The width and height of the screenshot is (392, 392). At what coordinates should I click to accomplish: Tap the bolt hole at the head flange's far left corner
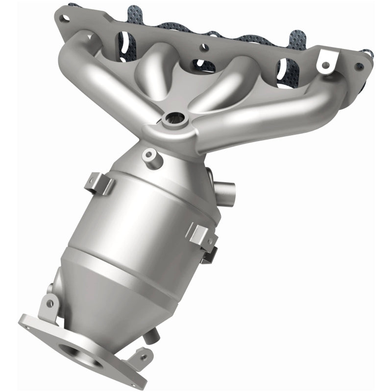(62, 19)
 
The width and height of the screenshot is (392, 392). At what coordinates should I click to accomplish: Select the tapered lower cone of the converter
(108, 294)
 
